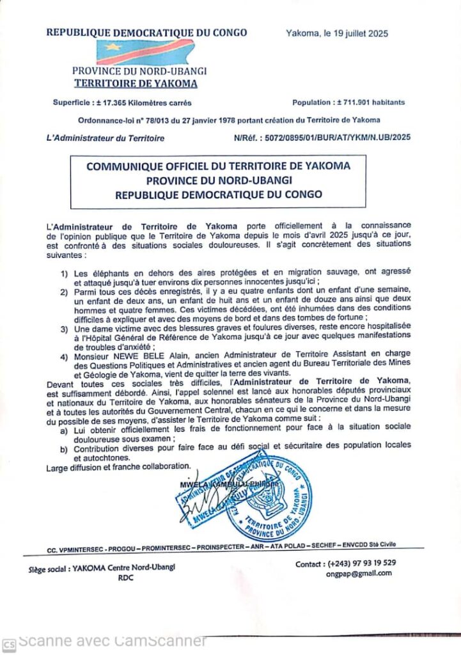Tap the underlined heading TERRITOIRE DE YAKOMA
[136, 84]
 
